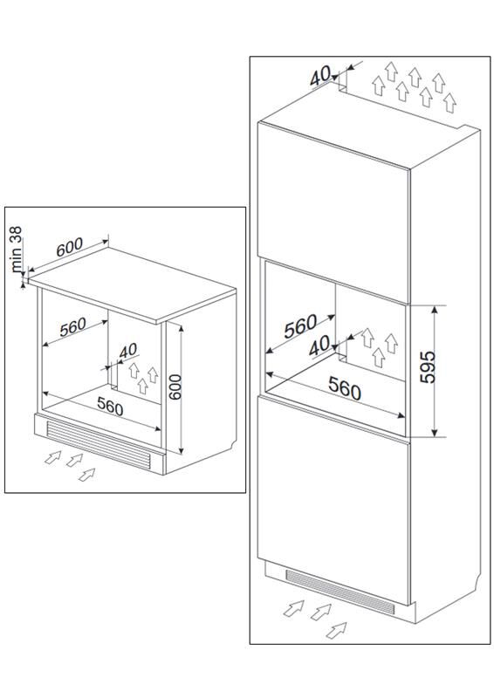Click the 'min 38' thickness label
[17, 250]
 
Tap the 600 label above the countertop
[70, 247]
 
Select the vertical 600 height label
[175, 387]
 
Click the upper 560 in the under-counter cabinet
[72, 327]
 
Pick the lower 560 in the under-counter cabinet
[110, 405]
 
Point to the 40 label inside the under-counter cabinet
[128, 351]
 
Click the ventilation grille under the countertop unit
[98, 443]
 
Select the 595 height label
[429, 366]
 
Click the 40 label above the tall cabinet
[320, 75]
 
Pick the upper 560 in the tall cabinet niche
[300, 326]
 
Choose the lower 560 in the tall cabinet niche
[345, 387]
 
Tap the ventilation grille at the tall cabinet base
[340, 591]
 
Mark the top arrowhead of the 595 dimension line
[435, 310]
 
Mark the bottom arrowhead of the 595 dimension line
[435, 433]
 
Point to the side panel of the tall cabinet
[444, 374]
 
